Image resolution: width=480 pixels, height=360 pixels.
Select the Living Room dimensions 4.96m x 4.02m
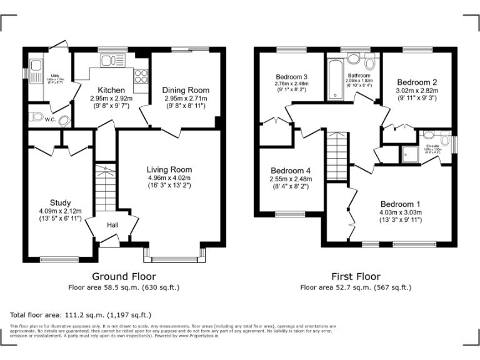click(169, 177)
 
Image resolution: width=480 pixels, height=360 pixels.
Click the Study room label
click(60, 202)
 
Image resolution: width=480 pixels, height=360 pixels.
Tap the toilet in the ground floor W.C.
click(37, 116)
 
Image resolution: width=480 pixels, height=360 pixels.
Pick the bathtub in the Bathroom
click(332, 79)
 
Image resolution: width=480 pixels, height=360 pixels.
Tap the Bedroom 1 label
click(401, 204)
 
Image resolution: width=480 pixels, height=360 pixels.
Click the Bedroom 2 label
click(416, 82)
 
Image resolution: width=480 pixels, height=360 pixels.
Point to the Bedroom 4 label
click(291, 171)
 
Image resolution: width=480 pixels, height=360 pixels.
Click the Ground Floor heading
click(124, 276)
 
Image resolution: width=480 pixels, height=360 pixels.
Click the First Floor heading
click(356, 276)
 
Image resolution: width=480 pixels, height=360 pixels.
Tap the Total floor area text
click(81, 314)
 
